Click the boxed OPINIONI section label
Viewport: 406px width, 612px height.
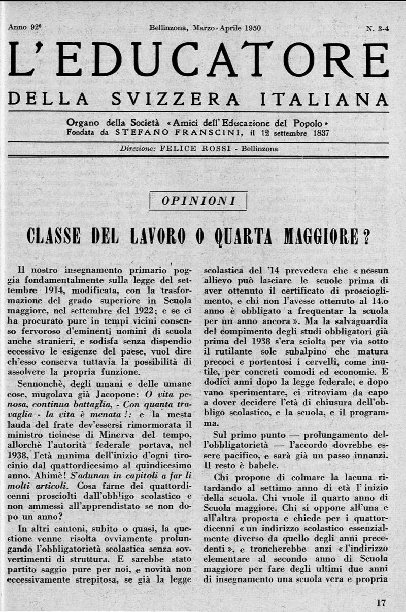click(198, 201)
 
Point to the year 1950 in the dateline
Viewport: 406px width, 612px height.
click(249, 28)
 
